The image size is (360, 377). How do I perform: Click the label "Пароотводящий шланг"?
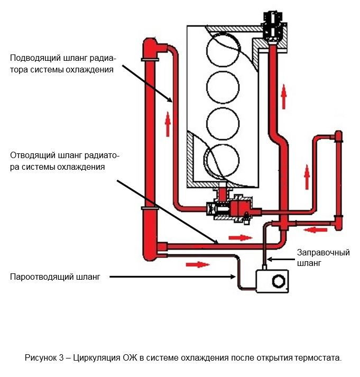tap(55, 277)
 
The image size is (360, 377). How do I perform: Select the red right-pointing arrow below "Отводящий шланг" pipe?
tap(239, 237)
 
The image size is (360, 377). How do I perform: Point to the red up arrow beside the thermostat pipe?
tap(284, 97)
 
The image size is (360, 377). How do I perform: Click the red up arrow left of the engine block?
tap(168, 125)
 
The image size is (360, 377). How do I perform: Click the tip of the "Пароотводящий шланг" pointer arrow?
tap(236, 277)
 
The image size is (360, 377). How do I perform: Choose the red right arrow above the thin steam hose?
tap(195, 263)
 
